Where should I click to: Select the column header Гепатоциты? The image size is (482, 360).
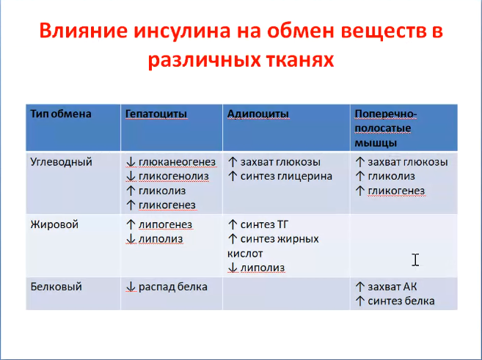click(156, 114)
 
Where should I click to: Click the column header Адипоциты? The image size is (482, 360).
click(258, 114)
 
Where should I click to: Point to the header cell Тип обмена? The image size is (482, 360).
click(61, 114)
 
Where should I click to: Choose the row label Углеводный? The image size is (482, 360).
click(61, 162)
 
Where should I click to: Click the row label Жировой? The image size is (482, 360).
click(54, 224)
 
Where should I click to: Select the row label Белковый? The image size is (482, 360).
click(56, 287)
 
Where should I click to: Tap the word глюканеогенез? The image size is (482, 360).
click(177, 162)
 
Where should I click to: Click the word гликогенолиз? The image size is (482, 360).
click(174, 176)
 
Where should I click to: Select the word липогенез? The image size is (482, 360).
click(165, 224)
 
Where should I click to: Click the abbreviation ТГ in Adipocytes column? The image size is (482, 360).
click(282, 224)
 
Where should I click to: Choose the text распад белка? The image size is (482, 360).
click(173, 287)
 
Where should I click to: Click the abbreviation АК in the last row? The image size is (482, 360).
click(410, 287)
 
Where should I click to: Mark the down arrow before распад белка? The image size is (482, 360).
click(131, 287)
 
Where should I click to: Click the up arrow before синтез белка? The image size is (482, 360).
click(359, 301)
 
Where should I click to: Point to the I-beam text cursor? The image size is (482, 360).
click(415, 260)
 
